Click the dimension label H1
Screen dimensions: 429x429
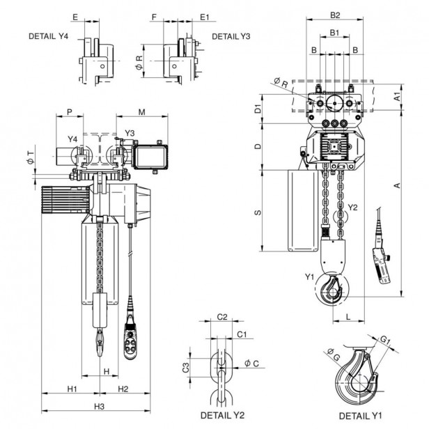(72, 388)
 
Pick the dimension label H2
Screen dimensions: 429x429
(122, 388)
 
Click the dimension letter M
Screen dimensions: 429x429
(142, 111)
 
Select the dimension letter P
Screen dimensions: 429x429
(69, 111)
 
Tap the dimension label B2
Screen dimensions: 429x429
(334, 15)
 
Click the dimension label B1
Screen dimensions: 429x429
(334, 32)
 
